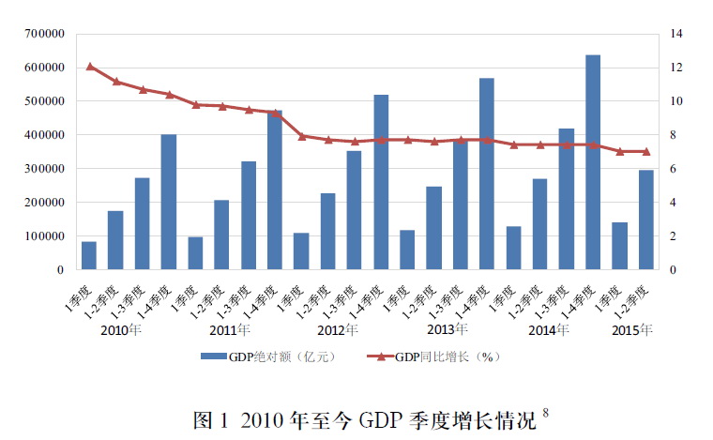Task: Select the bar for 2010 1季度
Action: pyautogui.click(x=89, y=255)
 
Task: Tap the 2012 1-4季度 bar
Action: pyautogui.click(x=381, y=182)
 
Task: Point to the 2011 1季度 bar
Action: pyautogui.click(x=195, y=253)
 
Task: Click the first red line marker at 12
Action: pyautogui.click(x=90, y=67)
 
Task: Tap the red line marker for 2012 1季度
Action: pyautogui.click(x=301, y=136)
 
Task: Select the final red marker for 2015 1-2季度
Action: pyautogui.click(x=645, y=151)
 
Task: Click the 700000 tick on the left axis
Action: pyautogui.click(x=44, y=34)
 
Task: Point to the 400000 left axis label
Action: pyautogui.click(x=44, y=135)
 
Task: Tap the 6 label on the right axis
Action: pyautogui.click(x=673, y=169)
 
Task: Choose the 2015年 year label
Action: pyautogui.click(x=631, y=330)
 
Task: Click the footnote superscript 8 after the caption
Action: pyautogui.click(x=545, y=410)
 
